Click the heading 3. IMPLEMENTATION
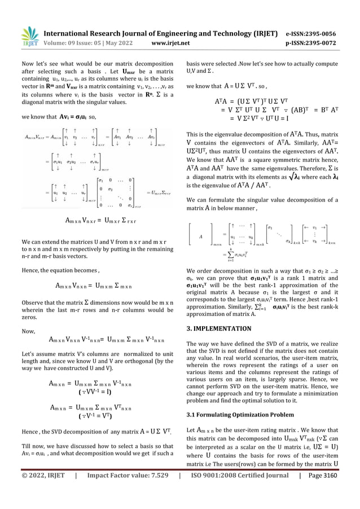coord(219,328)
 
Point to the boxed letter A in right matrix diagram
coord(201,237)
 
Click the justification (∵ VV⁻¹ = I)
coord(93,391)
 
